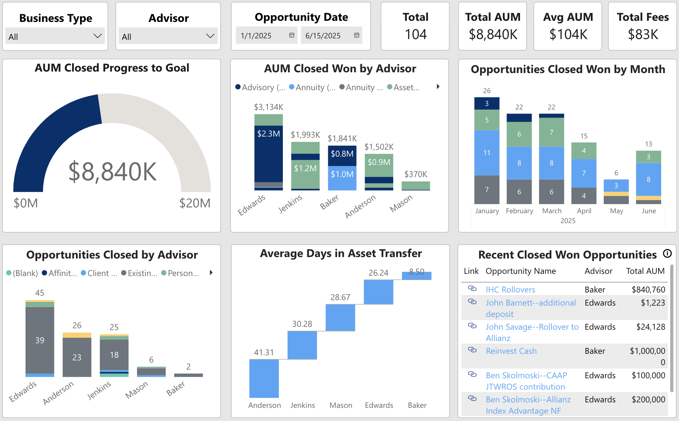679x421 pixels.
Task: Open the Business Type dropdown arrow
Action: pos(97,36)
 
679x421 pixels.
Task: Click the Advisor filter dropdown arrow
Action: pos(210,36)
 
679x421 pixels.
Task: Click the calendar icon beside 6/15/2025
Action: pos(357,35)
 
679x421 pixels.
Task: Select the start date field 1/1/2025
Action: pos(256,36)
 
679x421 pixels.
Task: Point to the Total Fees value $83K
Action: pos(643,35)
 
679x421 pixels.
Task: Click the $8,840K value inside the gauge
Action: pos(113,172)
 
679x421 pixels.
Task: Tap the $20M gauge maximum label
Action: pos(195,203)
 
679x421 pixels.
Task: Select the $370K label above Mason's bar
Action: pos(416,174)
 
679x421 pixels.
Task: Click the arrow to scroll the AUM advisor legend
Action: pos(438,87)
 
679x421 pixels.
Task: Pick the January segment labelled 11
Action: pos(487,153)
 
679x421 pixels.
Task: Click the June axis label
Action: pos(649,211)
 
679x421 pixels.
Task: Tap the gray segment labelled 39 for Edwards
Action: pos(40,340)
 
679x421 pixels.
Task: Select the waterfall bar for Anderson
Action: pos(264,378)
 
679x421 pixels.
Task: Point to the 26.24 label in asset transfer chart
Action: pos(378,273)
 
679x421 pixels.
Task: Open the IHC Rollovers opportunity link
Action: pos(510,290)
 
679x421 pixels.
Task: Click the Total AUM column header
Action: pos(645,271)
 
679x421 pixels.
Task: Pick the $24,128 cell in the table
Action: pos(650,327)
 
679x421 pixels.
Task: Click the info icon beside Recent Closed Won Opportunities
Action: pos(667,254)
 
